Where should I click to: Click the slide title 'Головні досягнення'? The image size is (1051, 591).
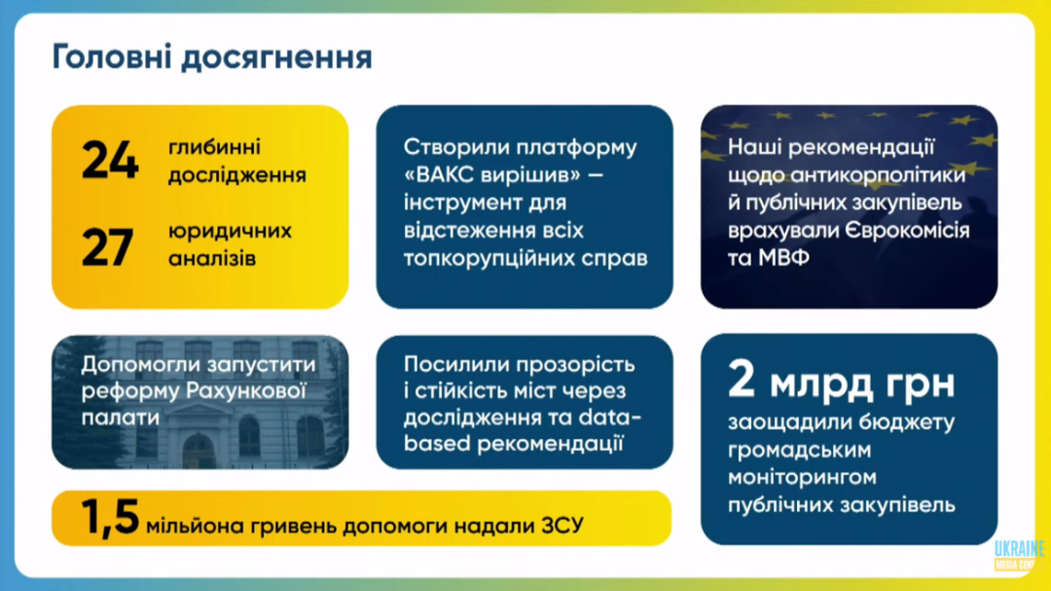[212, 57]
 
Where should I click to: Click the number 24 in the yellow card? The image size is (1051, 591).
[110, 161]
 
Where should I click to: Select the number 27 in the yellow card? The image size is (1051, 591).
[108, 247]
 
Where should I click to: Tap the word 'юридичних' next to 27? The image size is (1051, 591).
[230, 232]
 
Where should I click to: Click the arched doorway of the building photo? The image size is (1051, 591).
[199, 451]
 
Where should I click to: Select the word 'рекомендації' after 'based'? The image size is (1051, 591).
[550, 443]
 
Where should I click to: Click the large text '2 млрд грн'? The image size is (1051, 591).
[841, 381]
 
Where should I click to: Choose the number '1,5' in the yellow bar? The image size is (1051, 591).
[110, 517]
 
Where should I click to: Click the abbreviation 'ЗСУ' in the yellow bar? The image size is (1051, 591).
[562, 525]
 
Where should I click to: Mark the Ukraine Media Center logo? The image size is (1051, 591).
[1019, 555]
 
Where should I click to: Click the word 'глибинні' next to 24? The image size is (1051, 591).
[205, 148]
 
